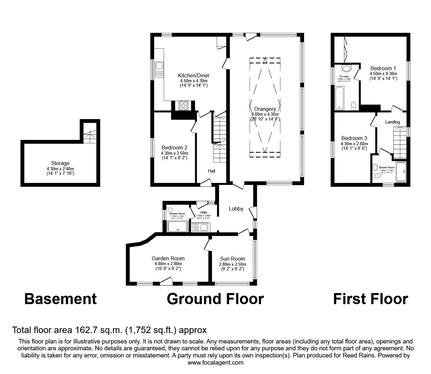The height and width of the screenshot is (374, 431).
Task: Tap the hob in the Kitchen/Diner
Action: (183, 106)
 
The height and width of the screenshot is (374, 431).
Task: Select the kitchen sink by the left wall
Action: (159, 69)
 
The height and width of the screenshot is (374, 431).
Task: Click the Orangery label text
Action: (265, 109)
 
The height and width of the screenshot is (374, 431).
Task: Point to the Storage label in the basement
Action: (60, 163)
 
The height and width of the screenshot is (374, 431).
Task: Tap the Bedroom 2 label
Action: (174, 148)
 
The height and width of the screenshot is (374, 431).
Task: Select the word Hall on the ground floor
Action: (212, 171)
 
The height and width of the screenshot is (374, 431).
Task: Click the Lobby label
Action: (236, 209)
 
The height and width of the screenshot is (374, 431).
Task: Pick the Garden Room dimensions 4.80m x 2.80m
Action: (168, 264)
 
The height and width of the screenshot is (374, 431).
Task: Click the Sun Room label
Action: (232, 259)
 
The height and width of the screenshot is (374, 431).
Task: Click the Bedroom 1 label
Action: (383, 68)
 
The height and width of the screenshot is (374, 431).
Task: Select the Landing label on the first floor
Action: (392, 122)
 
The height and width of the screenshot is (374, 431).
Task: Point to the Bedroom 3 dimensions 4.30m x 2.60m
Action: (354, 144)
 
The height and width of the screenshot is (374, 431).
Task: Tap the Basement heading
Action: (60, 299)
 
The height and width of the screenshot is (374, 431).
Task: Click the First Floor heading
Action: (370, 299)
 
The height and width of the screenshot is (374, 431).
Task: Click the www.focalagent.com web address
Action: (215, 363)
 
